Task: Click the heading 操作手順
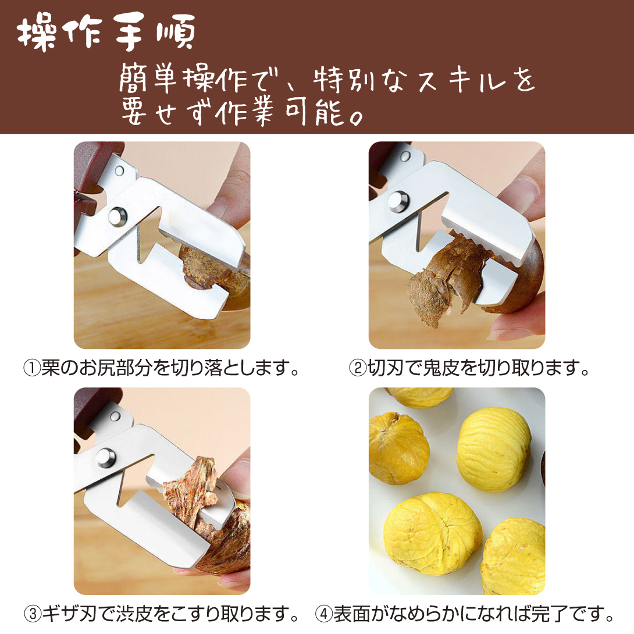tap(106, 32)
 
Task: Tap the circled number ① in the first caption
tap(31, 368)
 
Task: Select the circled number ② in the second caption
tap(358, 368)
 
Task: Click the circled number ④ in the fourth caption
tap(323, 614)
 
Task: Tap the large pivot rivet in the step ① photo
tap(117, 216)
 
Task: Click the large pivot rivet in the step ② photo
tap(398, 201)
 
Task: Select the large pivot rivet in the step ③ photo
tap(105, 458)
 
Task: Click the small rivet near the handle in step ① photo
tap(119, 170)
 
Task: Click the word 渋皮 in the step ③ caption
tap(134, 614)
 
